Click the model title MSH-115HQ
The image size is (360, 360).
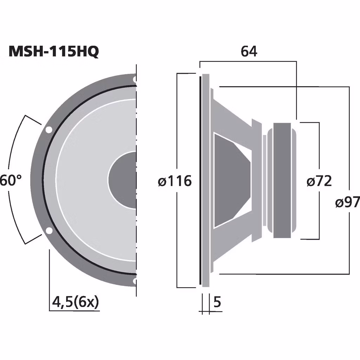point(53,52)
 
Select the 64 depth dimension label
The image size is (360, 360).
point(249,51)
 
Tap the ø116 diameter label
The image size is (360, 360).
point(175,181)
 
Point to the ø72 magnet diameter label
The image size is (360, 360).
point(319,181)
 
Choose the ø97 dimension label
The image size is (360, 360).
point(347,202)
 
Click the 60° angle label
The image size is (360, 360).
point(11,181)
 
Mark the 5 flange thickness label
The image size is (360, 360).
point(217,302)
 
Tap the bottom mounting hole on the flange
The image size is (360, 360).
point(135,281)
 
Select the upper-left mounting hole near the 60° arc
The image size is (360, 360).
point(49,129)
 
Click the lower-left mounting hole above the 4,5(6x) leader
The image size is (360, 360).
point(49,231)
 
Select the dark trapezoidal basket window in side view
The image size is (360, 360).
point(230,180)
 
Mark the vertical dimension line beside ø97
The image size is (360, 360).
point(349,141)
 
